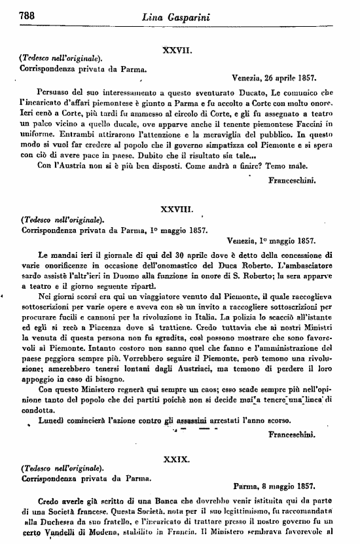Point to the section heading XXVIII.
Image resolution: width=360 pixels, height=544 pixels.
[x=176, y=209]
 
